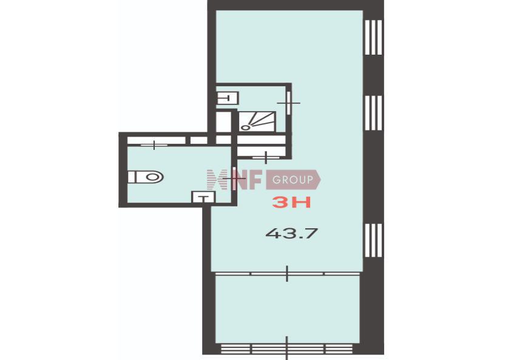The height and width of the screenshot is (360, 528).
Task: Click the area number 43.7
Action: click(x=292, y=233)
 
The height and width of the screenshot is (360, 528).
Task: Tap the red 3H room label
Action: click(x=291, y=202)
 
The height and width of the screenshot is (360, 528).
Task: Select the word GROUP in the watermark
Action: click(x=293, y=180)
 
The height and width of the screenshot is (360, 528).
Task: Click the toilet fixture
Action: click(x=146, y=177)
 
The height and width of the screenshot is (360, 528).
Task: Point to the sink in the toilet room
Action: click(x=203, y=197)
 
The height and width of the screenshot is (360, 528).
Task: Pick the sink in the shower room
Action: click(x=228, y=98)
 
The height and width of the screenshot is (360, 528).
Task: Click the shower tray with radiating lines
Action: click(x=257, y=121)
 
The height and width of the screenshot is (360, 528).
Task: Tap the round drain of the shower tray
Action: click(x=245, y=127)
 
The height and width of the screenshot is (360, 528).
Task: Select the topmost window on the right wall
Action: click(x=373, y=38)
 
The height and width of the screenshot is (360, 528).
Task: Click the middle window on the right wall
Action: click(x=373, y=113)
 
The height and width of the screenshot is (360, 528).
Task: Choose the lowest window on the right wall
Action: click(x=373, y=240)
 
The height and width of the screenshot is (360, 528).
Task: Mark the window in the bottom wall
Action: click(x=287, y=348)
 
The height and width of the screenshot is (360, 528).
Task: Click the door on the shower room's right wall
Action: click(x=288, y=103)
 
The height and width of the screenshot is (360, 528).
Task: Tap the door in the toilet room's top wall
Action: click(x=154, y=145)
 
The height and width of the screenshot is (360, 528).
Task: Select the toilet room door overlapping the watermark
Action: click(x=234, y=178)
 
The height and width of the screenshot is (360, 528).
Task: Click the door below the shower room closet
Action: click(x=266, y=157)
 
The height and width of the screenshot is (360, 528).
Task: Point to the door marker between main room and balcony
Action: click(x=287, y=273)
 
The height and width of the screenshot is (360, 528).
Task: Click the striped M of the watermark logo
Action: click(x=217, y=180)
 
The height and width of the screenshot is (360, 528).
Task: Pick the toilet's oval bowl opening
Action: click(x=152, y=177)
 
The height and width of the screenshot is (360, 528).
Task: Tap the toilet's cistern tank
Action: click(x=132, y=177)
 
